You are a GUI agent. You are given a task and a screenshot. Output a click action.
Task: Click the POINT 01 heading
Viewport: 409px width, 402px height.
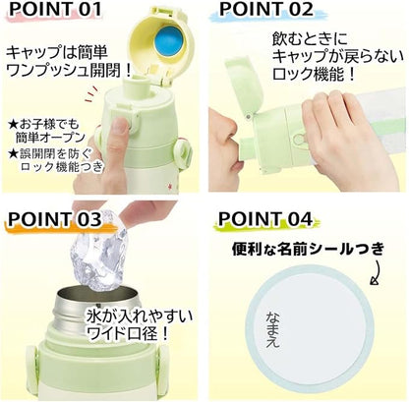pos(55,10)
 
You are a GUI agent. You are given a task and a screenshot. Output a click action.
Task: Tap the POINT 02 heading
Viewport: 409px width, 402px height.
pos(266,9)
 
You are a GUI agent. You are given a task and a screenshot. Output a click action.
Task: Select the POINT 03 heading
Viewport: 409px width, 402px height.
pos(55,219)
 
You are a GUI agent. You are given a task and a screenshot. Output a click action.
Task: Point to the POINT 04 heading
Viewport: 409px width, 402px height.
pos(265,219)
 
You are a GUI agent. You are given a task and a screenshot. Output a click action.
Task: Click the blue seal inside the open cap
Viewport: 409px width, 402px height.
pos(169,42)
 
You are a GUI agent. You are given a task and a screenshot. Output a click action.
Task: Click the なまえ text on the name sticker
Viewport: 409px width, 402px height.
pos(272,328)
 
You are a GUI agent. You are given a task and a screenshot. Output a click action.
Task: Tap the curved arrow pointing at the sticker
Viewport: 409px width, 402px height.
pos(376,272)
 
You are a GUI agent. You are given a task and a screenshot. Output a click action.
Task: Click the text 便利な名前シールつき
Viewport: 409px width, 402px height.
pos(308,250)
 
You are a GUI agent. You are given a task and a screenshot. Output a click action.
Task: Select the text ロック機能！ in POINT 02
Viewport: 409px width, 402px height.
pos(314,75)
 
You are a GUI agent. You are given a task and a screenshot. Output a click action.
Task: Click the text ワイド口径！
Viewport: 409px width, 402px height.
pos(127,333)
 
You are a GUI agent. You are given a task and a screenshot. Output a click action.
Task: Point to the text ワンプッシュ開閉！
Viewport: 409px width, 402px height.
pos(69,70)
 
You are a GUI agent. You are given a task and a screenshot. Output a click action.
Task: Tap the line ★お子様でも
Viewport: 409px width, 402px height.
pos(44,124)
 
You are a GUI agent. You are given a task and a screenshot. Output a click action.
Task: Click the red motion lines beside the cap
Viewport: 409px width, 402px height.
pos(91,95)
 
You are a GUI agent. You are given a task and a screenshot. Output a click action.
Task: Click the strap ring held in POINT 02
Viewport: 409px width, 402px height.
pos(299,139)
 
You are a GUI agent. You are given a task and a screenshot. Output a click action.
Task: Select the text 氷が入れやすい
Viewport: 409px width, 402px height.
pos(139,316)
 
